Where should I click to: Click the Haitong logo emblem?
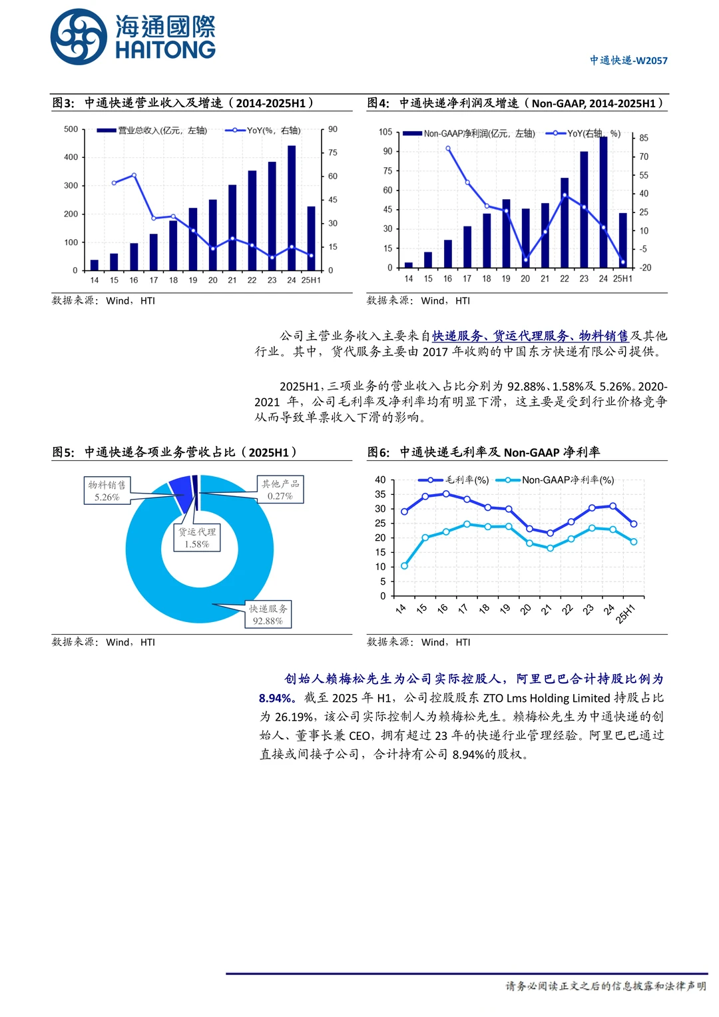pos(79,37)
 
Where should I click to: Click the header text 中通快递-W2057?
pos(628,61)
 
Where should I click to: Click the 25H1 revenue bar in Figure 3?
pos(311,238)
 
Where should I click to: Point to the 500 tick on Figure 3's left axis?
pos(71,129)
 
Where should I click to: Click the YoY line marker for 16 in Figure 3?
pos(134,175)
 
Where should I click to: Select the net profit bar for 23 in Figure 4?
pos(584,209)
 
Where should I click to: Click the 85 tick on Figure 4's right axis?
pos(644,138)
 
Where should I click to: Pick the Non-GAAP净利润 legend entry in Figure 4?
pos(469,134)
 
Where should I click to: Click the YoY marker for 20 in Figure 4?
pos(525,259)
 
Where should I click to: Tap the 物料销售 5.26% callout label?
pos(107,491)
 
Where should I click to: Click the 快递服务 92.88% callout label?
pos(268,614)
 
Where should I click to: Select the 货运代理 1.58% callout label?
pos(197,537)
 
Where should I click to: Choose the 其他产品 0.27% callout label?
pos(280,490)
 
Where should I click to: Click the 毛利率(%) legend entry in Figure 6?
pos(454,480)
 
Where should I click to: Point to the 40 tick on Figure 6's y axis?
pos(380,480)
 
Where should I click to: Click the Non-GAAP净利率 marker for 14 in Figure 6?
pos(404,566)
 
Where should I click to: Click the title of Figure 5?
pos(174,452)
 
